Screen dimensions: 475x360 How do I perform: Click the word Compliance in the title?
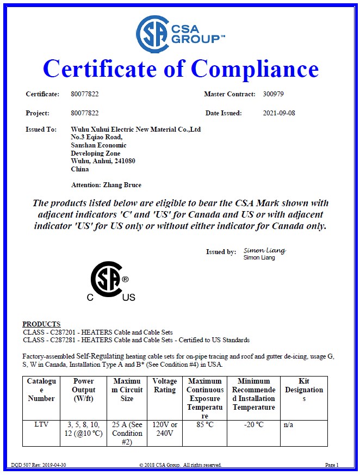coord(255,69)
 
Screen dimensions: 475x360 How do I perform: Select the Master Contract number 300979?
coord(273,94)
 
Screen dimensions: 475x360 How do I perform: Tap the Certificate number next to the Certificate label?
coord(85,94)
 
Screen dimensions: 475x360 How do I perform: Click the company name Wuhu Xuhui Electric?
coord(136,129)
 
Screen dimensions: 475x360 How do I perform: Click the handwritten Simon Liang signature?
coord(264,251)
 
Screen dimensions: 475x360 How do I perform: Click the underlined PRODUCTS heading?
coord(41,324)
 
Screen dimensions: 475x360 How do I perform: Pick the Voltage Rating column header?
coord(165,385)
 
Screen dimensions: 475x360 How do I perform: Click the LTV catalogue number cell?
coord(41,424)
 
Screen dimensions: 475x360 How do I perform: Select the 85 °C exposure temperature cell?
coord(205,424)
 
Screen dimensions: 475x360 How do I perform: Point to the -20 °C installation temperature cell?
coord(253,424)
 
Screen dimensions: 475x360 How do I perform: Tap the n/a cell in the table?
coord(288,424)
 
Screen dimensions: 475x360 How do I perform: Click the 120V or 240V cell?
coord(165,429)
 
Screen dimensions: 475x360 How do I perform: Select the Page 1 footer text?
coord(332,465)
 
